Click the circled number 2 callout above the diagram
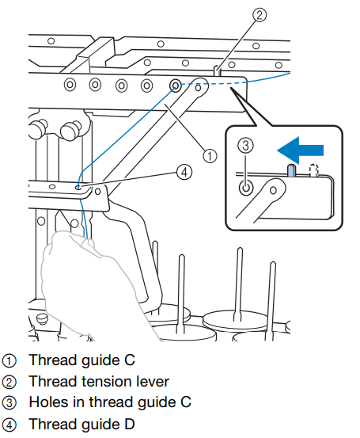click(x=260, y=14)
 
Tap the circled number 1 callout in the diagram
click(x=210, y=155)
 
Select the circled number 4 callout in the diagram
click(x=184, y=172)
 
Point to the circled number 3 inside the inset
click(x=245, y=145)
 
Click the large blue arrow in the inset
click(x=301, y=150)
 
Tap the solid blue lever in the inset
click(x=292, y=170)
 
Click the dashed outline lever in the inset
click(x=313, y=170)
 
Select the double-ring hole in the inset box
click(x=246, y=188)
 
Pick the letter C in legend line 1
click(x=130, y=360)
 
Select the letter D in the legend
click(x=129, y=424)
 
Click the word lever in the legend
click(x=153, y=382)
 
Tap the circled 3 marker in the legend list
click(x=9, y=403)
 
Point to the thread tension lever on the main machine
click(x=217, y=70)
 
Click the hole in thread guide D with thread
click(x=78, y=188)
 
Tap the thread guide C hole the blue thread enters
click(x=176, y=85)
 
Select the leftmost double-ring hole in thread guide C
click(x=70, y=84)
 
